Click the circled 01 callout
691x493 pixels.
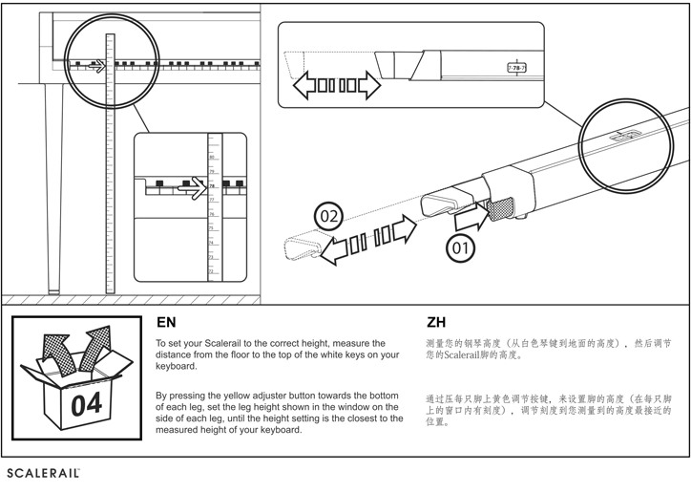461,248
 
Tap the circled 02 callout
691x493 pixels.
329,216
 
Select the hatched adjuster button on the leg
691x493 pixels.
502,207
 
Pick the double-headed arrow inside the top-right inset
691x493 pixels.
336,86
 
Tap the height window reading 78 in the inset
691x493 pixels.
517,69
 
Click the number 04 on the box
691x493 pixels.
86,404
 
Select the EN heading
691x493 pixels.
166,323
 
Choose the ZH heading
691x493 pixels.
435,323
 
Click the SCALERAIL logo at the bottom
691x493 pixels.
43,473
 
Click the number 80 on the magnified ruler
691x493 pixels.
212,158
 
